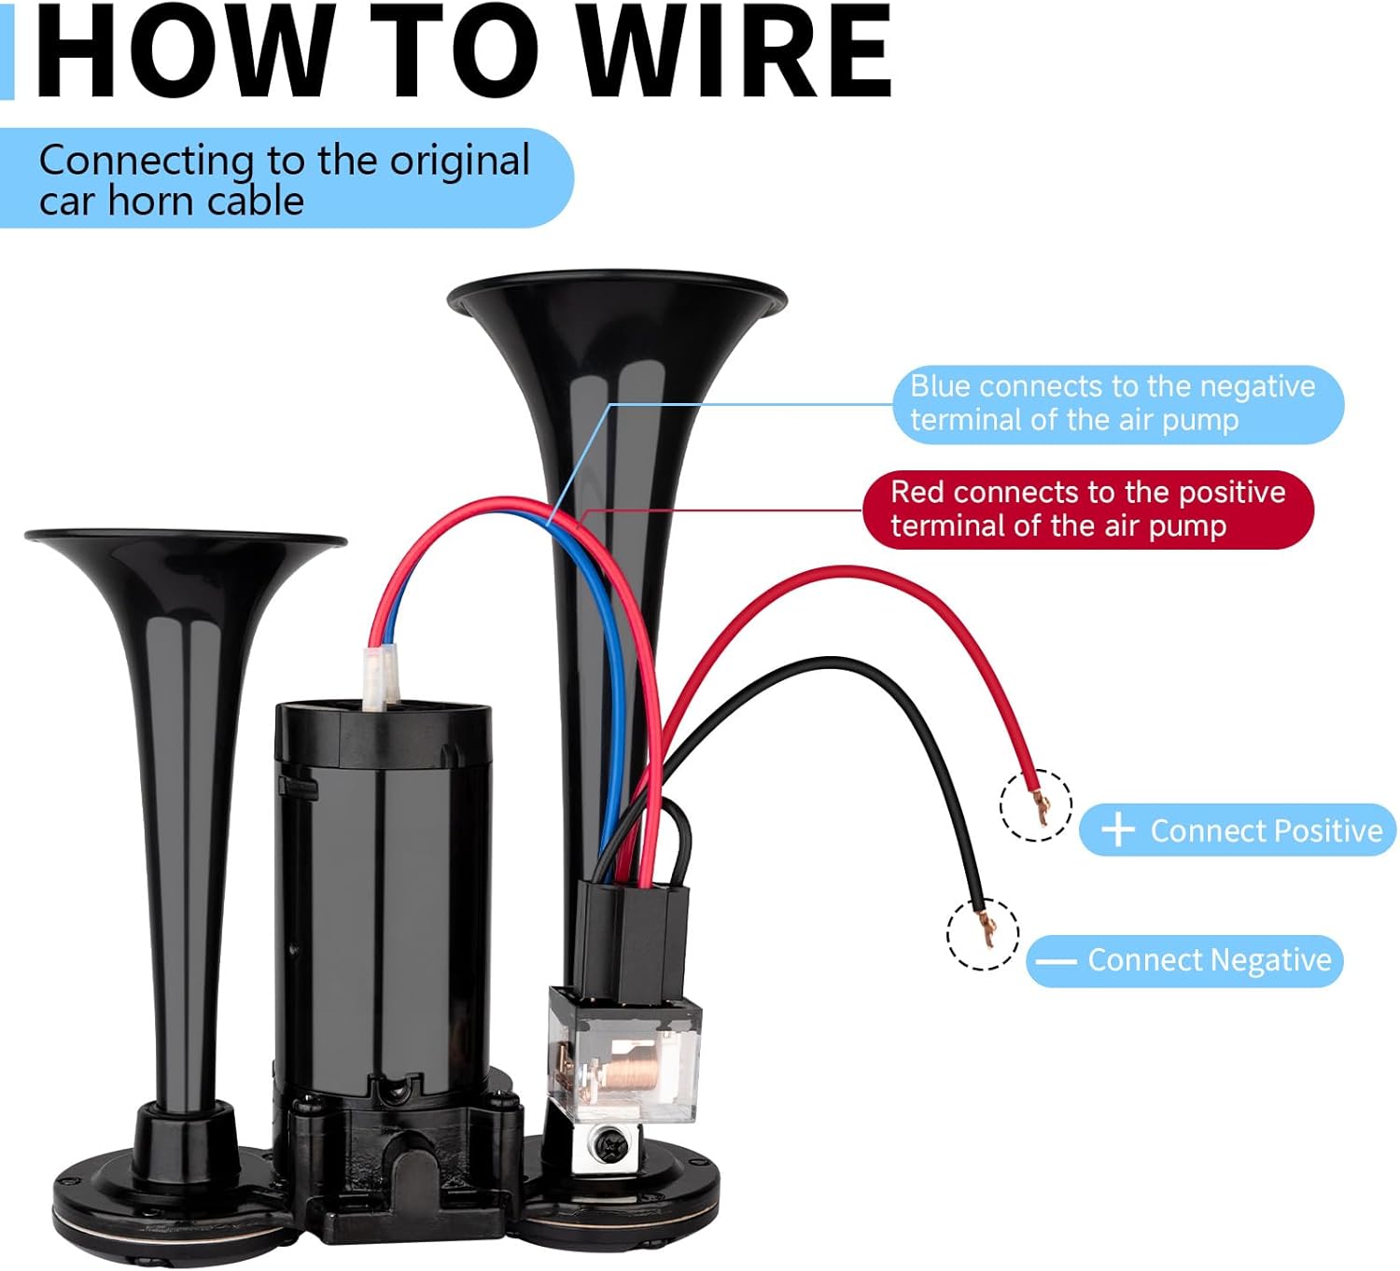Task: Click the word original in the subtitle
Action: (459, 161)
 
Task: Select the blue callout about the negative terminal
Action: (1117, 403)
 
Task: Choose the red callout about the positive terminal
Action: (1087, 510)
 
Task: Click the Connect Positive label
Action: (1265, 831)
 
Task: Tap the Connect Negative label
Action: (1209, 960)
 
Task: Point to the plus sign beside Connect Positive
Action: (1117, 830)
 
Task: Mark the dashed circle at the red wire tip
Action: (1035, 804)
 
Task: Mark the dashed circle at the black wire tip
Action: (982, 933)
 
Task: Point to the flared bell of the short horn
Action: (186, 551)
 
